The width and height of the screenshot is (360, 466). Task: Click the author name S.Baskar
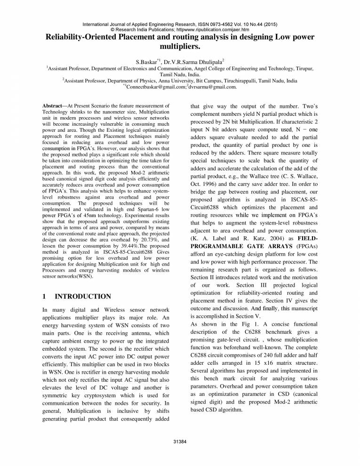(x=146, y=61)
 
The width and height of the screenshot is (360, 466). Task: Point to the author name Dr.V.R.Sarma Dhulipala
(x=196, y=61)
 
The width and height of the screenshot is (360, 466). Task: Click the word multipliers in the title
(x=179, y=48)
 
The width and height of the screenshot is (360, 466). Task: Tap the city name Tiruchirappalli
(x=240, y=80)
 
